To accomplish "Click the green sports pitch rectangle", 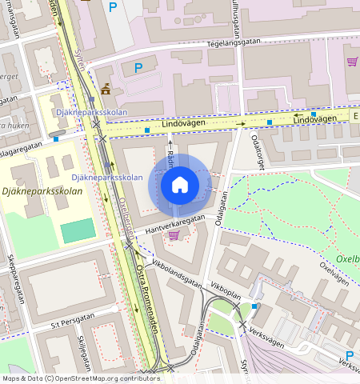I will click(x=78, y=231).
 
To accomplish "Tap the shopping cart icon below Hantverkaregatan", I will click(x=174, y=234).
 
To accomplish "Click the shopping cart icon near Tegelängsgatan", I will click(x=351, y=62).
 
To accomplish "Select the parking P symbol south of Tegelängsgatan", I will click(x=138, y=68).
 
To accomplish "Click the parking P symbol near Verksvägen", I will click(x=350, y=355).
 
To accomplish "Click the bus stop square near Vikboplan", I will click(x=254, y=306).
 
